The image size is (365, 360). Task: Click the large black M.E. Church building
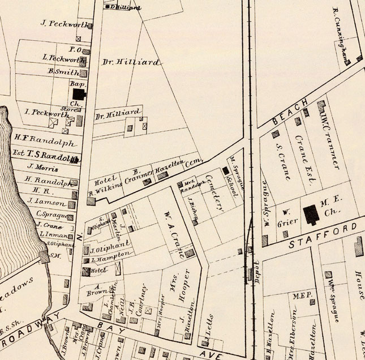311,215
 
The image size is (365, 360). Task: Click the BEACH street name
290,112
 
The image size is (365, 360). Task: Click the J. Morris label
43,169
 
